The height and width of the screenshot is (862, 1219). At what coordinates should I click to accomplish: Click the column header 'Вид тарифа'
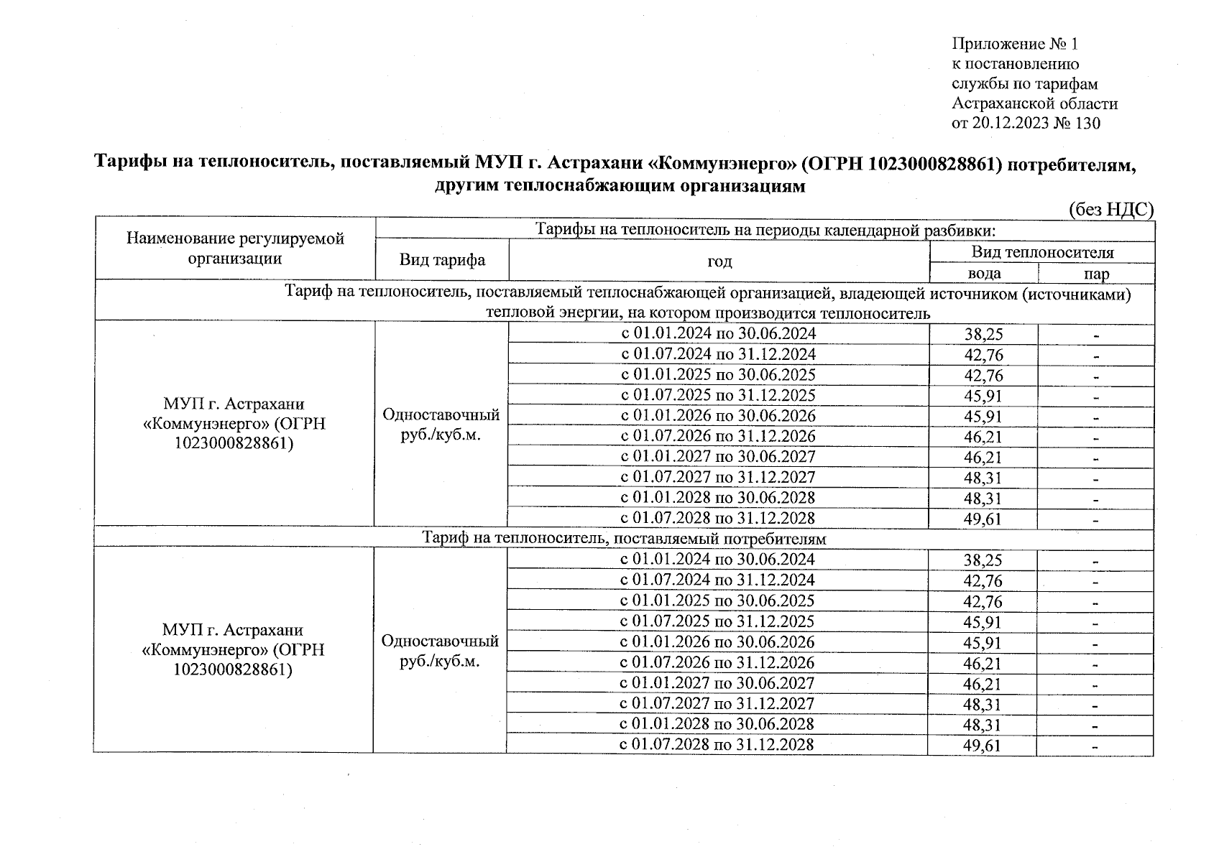442,260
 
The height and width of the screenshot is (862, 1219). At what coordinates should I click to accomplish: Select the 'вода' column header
984,274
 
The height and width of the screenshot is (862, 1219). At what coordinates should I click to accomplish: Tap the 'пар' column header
1097,274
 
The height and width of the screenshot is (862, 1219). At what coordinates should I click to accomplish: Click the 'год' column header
719,261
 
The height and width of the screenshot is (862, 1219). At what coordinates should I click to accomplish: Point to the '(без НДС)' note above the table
1110,209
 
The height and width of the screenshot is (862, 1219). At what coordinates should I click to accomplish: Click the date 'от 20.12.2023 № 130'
1025,124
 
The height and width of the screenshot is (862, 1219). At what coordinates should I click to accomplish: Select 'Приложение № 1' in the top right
1015,45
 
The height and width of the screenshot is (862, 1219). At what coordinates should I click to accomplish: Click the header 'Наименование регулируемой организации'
235,249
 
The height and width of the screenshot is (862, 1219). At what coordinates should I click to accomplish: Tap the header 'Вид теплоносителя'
1042,252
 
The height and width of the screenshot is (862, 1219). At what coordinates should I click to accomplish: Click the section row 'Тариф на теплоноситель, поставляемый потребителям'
624,538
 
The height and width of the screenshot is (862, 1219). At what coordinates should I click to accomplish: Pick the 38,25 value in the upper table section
983,334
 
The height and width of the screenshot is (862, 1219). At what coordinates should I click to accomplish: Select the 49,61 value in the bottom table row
982,746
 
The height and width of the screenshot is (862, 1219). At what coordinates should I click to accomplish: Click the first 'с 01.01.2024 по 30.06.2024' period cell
718,333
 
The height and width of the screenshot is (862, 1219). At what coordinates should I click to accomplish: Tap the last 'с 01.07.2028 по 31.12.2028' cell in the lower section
717,744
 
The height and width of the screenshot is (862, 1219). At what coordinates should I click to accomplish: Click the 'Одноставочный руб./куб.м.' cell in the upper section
441,425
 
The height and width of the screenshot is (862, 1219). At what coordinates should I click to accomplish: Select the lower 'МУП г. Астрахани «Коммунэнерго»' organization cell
233,649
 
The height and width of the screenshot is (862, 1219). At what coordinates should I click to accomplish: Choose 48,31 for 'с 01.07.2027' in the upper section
983,478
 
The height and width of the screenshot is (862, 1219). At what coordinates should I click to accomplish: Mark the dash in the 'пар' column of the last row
1095,747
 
